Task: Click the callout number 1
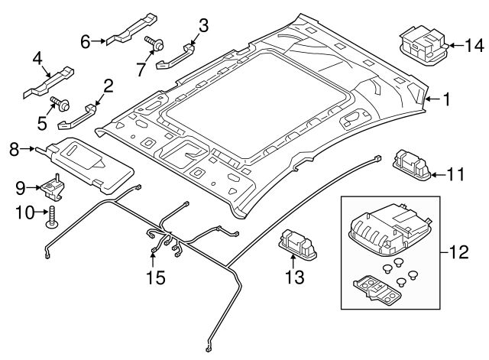pyautogui.click(x=449, y=99)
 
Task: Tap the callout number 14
pyautogui.click(x=474, y=45)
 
